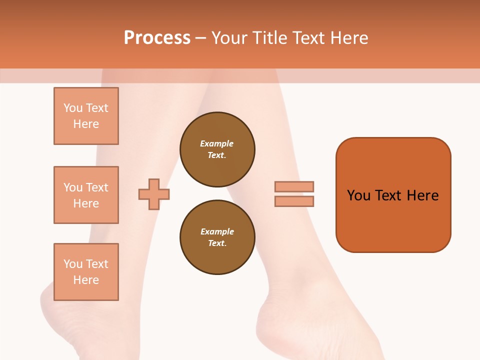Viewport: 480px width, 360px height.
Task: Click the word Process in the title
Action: (157, 38)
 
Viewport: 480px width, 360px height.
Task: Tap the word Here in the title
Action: (349, 38)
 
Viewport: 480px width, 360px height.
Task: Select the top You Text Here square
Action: (86, 116)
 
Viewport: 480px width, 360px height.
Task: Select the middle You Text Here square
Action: (86, 195)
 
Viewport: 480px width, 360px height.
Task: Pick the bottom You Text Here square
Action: (86, 272)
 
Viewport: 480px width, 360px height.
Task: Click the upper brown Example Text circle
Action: (217, 149)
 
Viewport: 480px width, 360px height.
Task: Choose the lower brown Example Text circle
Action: (217, 237)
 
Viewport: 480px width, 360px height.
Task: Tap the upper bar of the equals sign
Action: (294, 186)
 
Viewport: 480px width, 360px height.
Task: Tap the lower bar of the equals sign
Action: (294, 201)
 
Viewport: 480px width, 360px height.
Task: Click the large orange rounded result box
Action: (393, 220)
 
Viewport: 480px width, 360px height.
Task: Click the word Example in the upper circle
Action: (217, 143)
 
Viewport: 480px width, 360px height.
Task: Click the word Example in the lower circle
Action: (217, 231)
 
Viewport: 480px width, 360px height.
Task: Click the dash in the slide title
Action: (201, 38)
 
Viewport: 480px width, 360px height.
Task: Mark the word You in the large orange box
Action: (358, 195)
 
